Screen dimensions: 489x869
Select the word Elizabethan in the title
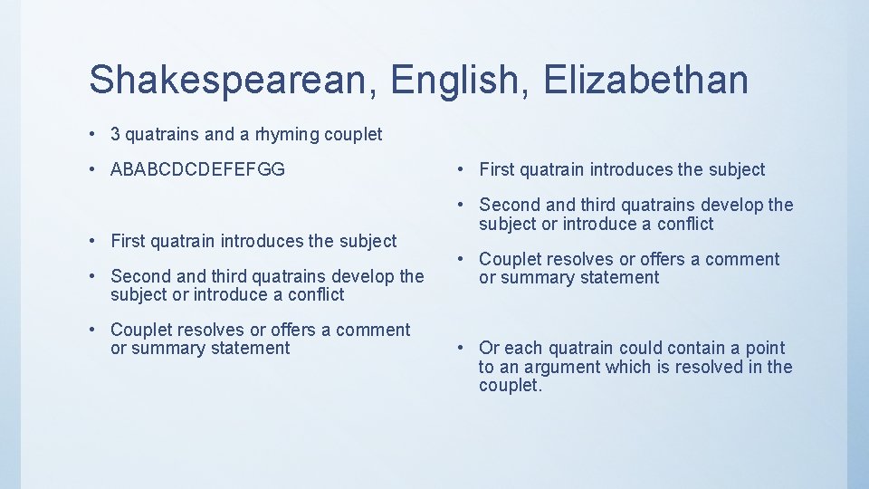(646, 80)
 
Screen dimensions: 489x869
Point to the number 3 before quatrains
(115, 135)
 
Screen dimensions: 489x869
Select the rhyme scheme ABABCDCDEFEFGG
(197, 169)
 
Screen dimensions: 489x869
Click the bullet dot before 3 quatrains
(94, 135)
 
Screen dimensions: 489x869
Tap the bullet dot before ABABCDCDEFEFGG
(94, 169)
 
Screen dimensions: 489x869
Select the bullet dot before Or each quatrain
(462, 348)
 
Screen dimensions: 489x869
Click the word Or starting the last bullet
(489, 348)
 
